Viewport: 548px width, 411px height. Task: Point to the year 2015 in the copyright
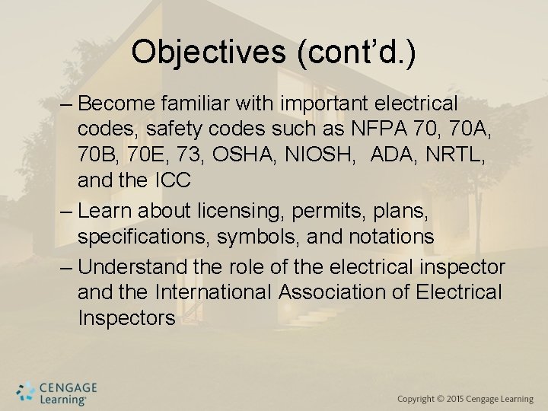456,399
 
